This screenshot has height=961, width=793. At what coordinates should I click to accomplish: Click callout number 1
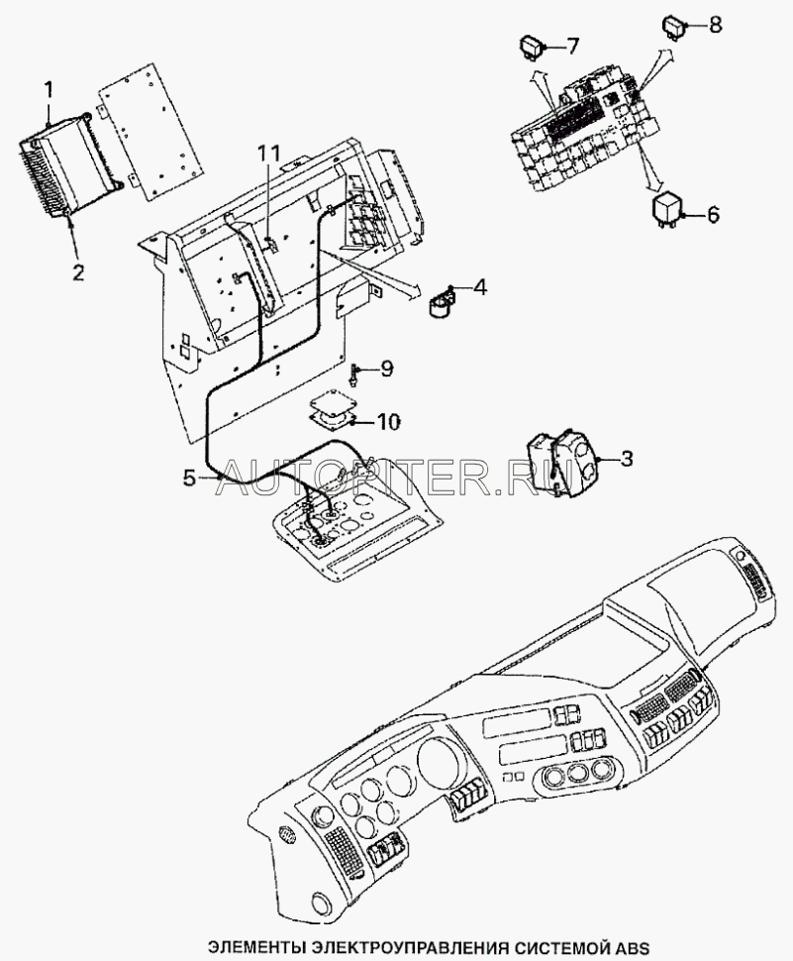coord(48,92)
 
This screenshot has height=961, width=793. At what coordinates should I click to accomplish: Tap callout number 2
coord(78,271)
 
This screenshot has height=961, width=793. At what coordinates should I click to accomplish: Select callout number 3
coord(626,459)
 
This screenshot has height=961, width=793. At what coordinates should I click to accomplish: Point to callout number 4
coord(479,287)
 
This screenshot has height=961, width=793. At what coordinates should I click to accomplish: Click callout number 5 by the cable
coord(190,478)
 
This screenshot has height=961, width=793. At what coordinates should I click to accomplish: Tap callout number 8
coord(714,25)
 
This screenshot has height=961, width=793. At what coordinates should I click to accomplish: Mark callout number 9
coord(386,369)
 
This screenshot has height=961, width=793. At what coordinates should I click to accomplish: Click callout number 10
coord(388,422)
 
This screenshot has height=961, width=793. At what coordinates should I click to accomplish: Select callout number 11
coord(267,154)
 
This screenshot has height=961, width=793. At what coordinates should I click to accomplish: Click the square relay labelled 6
coord(666,210)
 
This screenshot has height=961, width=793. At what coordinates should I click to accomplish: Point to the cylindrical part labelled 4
coord(442,303)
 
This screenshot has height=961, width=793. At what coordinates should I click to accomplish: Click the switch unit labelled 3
coord(561,464)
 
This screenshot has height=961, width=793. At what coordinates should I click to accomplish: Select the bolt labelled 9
coord(355,374)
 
